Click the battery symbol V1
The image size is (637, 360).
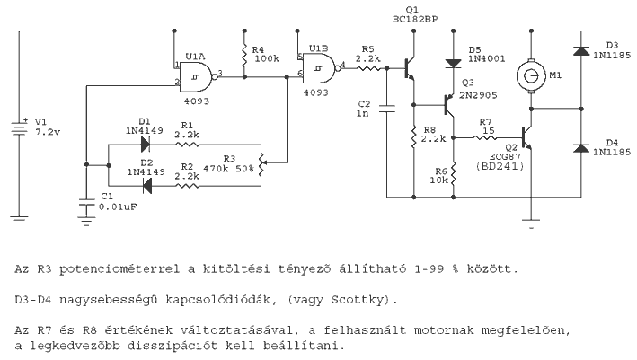coord(19,127)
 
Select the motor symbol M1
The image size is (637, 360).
coord(531,78)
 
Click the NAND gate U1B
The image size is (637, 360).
coord(318,66)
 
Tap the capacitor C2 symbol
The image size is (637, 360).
coord(387,110)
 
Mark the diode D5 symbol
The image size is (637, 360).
coord(453,62)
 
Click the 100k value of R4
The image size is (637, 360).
coord(266,59)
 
